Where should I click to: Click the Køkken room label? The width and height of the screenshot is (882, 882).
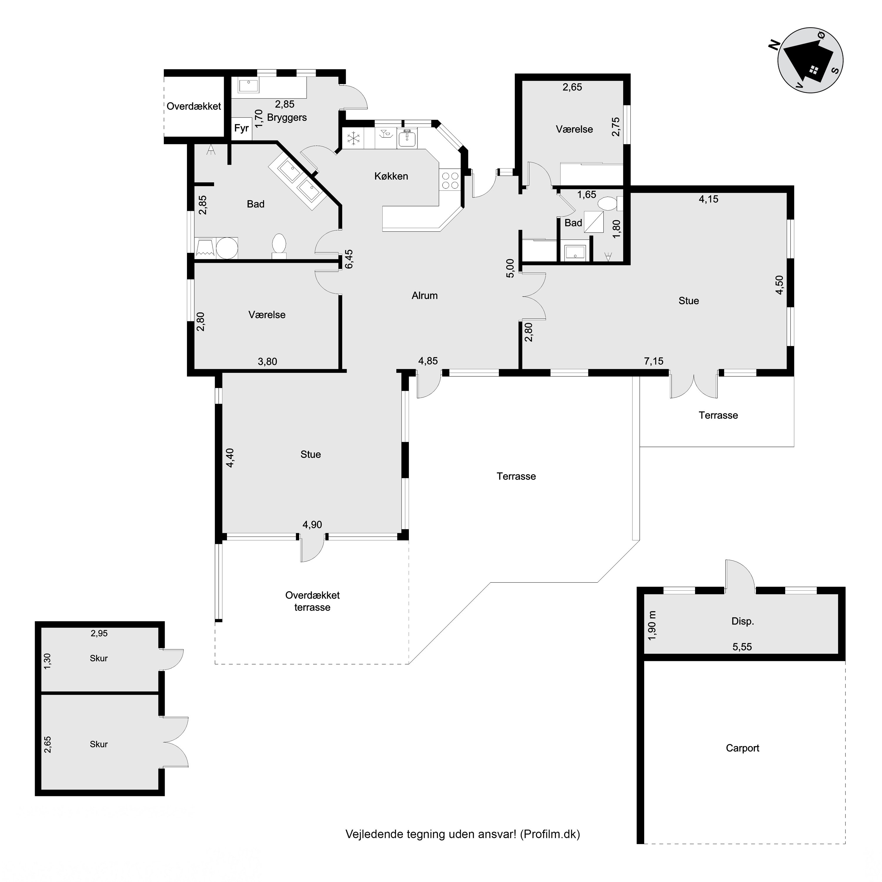point(391,176)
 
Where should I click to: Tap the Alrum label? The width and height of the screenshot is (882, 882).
point(425,295)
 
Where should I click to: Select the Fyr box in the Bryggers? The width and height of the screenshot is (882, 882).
point(241,128)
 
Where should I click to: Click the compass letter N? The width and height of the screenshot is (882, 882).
point(773,44)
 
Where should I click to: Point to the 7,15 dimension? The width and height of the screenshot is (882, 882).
point(654,361)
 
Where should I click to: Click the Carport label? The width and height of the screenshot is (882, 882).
point(742,748)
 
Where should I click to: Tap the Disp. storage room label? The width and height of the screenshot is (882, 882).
point(742,621)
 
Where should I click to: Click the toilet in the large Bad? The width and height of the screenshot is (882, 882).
point(279,245)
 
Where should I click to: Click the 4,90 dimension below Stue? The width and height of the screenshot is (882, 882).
point(312,524)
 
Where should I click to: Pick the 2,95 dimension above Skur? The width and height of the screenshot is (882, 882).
point(99,633)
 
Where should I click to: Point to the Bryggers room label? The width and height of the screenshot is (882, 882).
point(287,118)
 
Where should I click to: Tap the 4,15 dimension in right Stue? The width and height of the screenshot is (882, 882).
point(709,199)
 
